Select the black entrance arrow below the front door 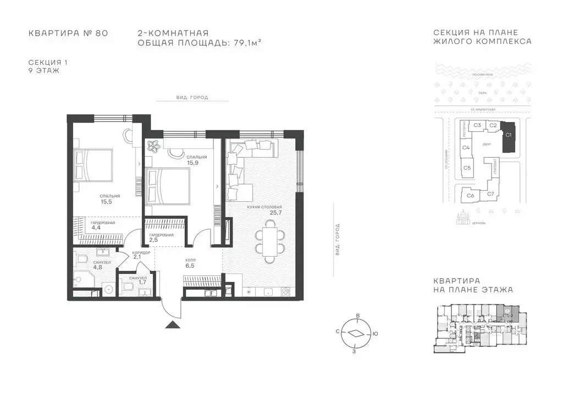point(173,325)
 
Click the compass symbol point(357,333)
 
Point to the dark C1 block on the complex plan point(508,137)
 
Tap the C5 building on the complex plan point(467,168)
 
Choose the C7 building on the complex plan point(491,194)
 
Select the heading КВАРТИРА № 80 point(68,34)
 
